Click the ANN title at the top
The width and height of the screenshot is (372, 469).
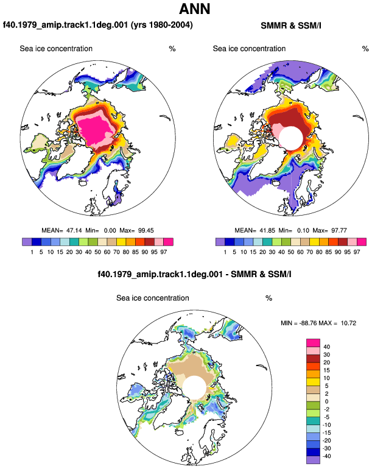[195, 9]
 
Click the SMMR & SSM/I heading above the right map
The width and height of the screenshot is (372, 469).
[290, 26]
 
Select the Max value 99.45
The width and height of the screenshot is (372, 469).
[146, 231]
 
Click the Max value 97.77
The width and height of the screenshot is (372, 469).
[339, 231]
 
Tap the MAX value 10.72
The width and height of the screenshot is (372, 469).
[348, 323]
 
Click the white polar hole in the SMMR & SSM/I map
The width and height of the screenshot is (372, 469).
[291, 138]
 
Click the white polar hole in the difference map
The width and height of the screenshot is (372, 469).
[194, 387]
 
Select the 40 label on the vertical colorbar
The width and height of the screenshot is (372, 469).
[326, 347]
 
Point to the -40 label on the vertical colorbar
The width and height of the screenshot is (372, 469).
[326, 456]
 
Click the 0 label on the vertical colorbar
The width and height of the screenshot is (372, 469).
[326, 401]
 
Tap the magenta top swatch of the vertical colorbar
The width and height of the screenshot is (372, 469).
[313, 343]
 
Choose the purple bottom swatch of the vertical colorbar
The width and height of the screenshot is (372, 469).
[313, 460]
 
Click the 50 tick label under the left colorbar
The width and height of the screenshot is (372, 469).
[98, 252]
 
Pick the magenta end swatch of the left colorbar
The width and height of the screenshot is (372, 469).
[169, 242]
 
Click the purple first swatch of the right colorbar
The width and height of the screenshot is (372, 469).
[220, 242]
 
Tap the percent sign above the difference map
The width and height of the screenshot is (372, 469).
[269, 298]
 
